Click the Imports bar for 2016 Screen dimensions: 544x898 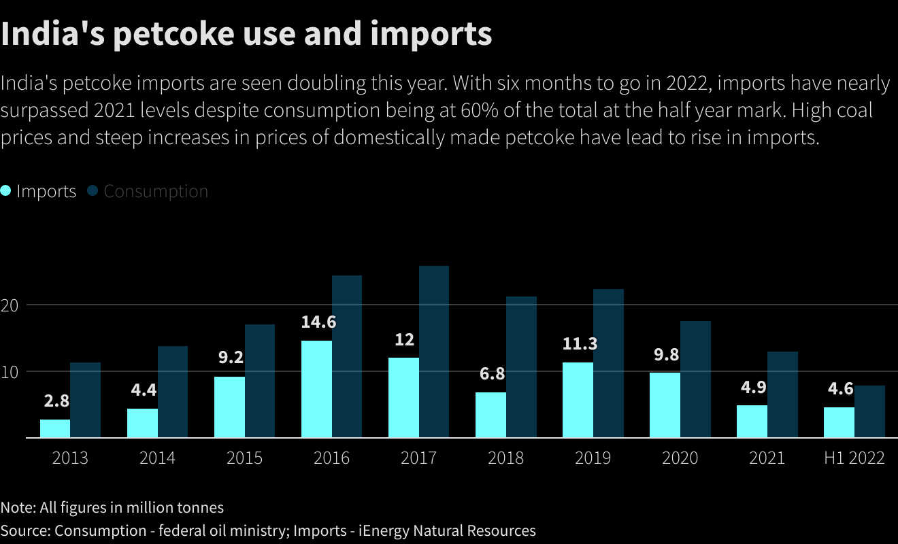(x=317, y=389)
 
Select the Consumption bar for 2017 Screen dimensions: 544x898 (x=434, y=352)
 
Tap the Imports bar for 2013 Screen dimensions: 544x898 (x=55, y=428)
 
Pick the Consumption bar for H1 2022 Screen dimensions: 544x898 (x=869, y=411)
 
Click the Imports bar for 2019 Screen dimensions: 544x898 (x=578, y=400)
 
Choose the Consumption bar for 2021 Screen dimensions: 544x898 (x=782, y=394)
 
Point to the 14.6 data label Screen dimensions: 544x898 (x=318, y=322)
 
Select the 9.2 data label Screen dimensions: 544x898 (x=231, y=358)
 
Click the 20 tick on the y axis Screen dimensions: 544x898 (x=9, y=305)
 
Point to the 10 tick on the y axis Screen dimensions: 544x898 (x=9, y=371)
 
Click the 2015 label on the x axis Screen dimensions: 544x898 (x=244, y=458)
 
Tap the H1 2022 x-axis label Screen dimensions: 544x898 (x=854, y=458)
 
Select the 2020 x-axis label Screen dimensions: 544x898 (x=680, y=458)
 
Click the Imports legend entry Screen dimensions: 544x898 (x=39, y=191)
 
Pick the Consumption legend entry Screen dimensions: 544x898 (x=148, y=191)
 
